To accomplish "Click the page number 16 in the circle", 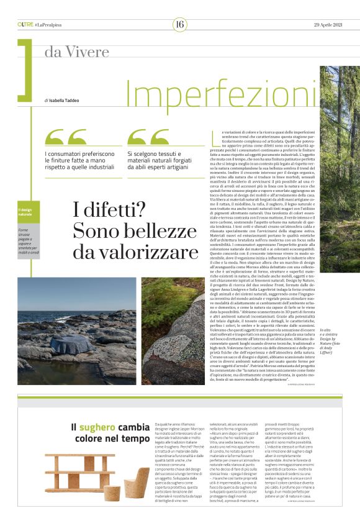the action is [180, 24].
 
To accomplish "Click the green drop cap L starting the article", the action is [215, 135].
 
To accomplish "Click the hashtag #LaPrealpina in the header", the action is [50, 24].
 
